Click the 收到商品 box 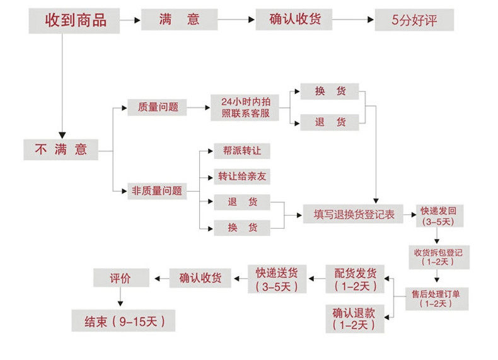[75, 20]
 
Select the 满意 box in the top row [180, 20]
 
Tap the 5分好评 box [414, 20]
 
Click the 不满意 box [61, 149]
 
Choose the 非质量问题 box [156, 190]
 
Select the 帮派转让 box [242, 151]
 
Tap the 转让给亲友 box [242, 177]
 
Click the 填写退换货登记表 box [354, 214]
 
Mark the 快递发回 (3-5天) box [438, 216]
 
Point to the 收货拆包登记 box [438, 255]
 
